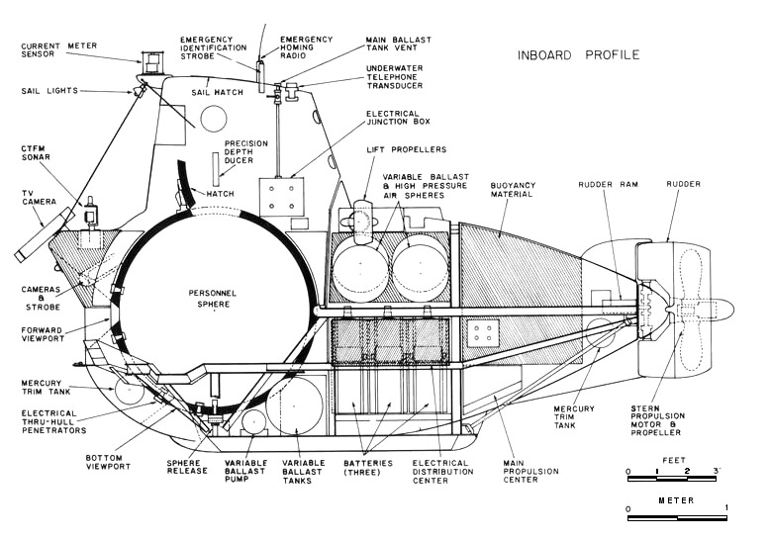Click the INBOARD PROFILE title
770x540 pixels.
point(578,54)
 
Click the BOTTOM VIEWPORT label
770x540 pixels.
point(114,464)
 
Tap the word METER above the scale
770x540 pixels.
point(677,499)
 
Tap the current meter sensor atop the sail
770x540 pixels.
point(151,61)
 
